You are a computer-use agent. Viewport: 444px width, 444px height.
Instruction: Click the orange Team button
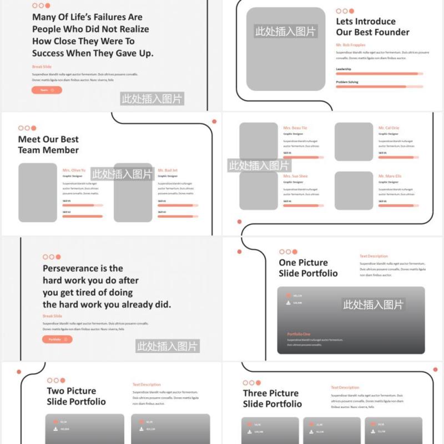[47, 90]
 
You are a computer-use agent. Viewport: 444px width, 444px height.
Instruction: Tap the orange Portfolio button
[57, 339]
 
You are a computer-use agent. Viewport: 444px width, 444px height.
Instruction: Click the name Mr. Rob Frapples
[350, 44]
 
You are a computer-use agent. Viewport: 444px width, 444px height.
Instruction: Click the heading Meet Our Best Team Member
[48, 144]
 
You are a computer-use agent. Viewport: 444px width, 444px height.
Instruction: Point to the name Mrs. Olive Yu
[74, 170]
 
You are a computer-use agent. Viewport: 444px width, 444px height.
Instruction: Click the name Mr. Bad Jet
[168, 170]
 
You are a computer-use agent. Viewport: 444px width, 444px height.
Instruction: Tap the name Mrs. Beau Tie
[295, 128]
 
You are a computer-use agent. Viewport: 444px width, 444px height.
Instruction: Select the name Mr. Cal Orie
[389, 128]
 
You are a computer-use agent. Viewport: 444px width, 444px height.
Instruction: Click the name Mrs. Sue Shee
[295, 176]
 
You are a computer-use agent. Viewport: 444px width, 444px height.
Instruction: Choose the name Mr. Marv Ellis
[390, 176]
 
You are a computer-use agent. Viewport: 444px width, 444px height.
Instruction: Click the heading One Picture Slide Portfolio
[308, 268]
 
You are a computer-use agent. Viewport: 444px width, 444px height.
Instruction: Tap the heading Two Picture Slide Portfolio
[76, 396]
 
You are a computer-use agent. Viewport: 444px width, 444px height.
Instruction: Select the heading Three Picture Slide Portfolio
[272, 398]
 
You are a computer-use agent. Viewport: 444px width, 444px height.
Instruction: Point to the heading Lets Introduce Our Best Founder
[372, 27]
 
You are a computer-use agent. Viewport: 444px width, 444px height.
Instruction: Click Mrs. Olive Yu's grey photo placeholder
[38, 193]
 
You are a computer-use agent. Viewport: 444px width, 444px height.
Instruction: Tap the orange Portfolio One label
[299, 334]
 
